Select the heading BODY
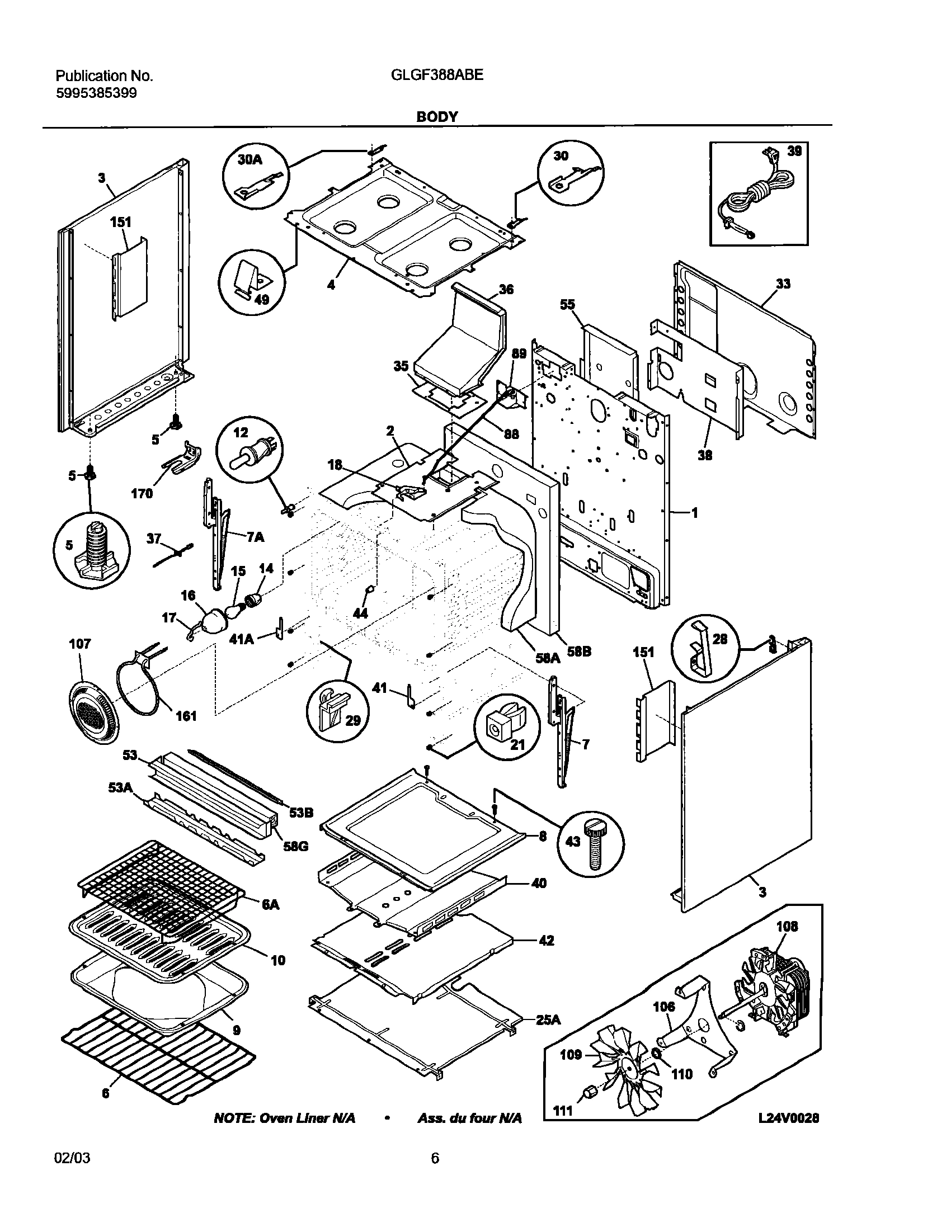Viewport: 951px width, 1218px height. (437, 117)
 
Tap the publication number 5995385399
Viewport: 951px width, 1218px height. (96, 93)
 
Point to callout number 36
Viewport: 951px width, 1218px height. (506, 289)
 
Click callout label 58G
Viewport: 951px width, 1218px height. (296, 846)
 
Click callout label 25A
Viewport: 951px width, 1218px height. (548, 1019)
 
